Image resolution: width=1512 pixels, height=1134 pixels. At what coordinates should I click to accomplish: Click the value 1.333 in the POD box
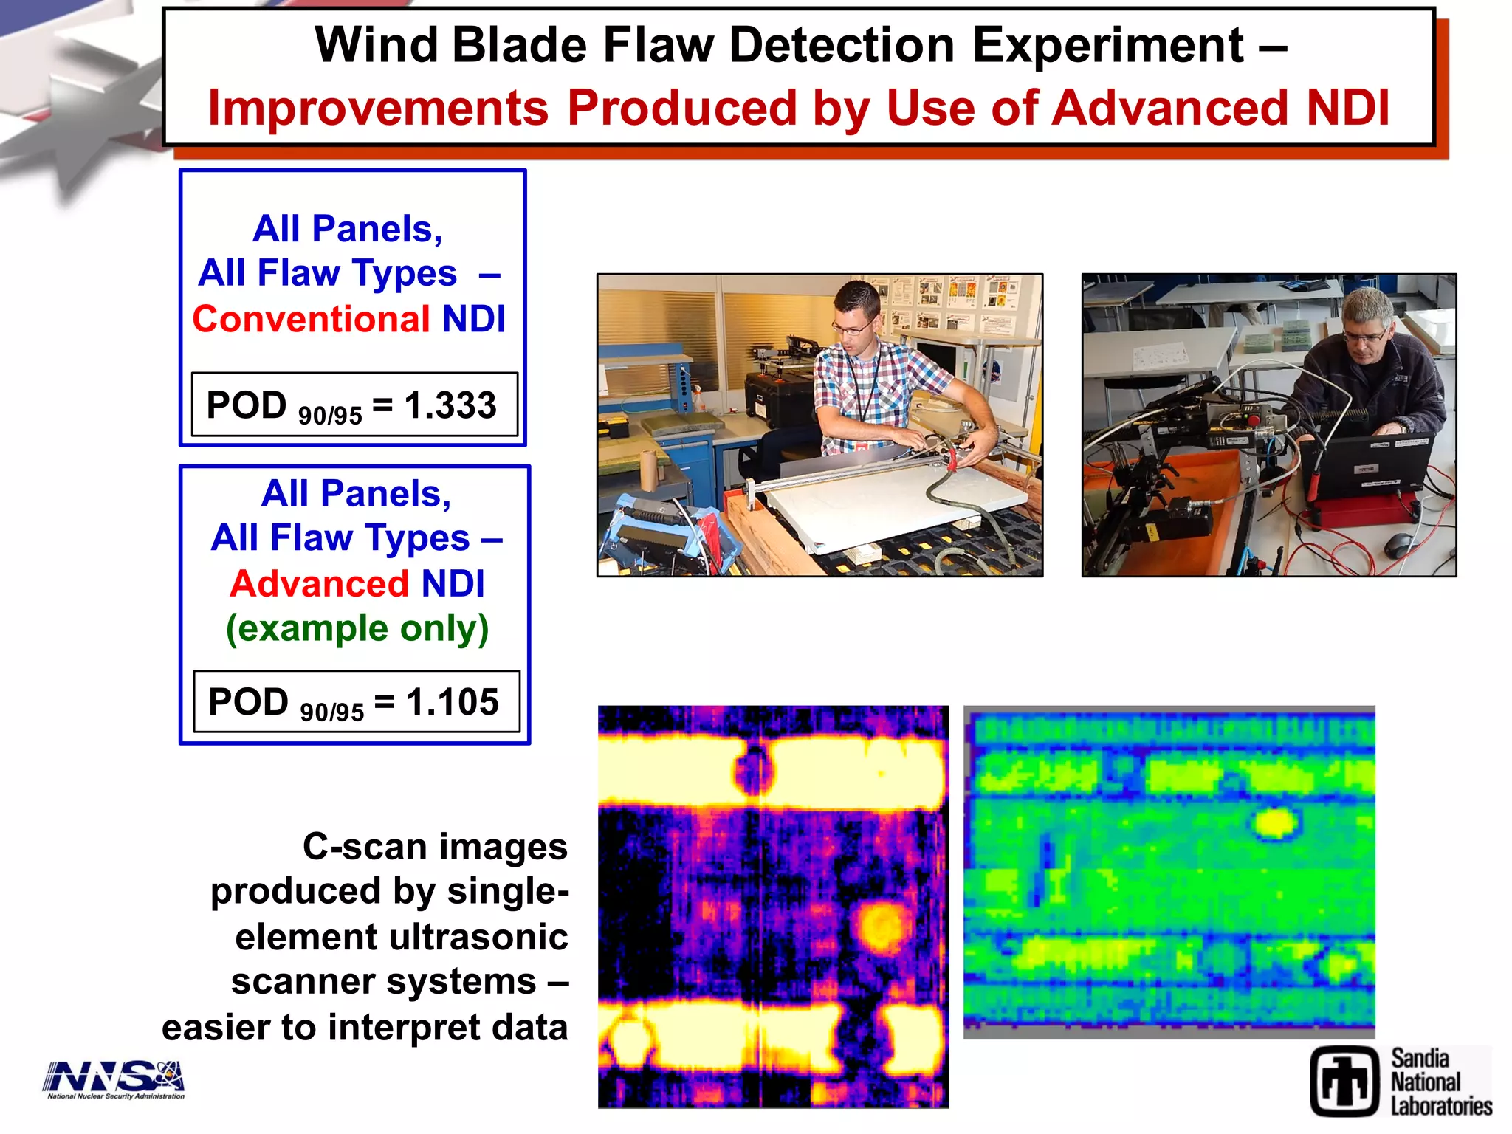click(450, 405)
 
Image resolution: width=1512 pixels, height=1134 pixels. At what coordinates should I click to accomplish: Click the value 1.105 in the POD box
click(453, 702)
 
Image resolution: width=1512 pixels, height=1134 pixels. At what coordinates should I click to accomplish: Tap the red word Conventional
click(311, 320)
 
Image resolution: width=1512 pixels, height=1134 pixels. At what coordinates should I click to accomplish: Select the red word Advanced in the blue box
click(319, 584)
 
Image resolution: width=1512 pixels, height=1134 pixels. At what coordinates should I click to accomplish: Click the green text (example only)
click(357, 629)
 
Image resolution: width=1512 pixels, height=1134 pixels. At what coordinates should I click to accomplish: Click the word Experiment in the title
click(1107, 46)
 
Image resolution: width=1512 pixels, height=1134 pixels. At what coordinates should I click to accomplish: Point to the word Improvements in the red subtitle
click(378, 109)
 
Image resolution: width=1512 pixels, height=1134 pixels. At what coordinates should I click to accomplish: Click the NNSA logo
click(114, 1079)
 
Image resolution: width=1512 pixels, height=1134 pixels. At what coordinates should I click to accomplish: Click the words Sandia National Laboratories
click(1440, 1082)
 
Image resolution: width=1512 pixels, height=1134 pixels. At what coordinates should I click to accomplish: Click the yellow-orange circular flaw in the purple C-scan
click(881, 927)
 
